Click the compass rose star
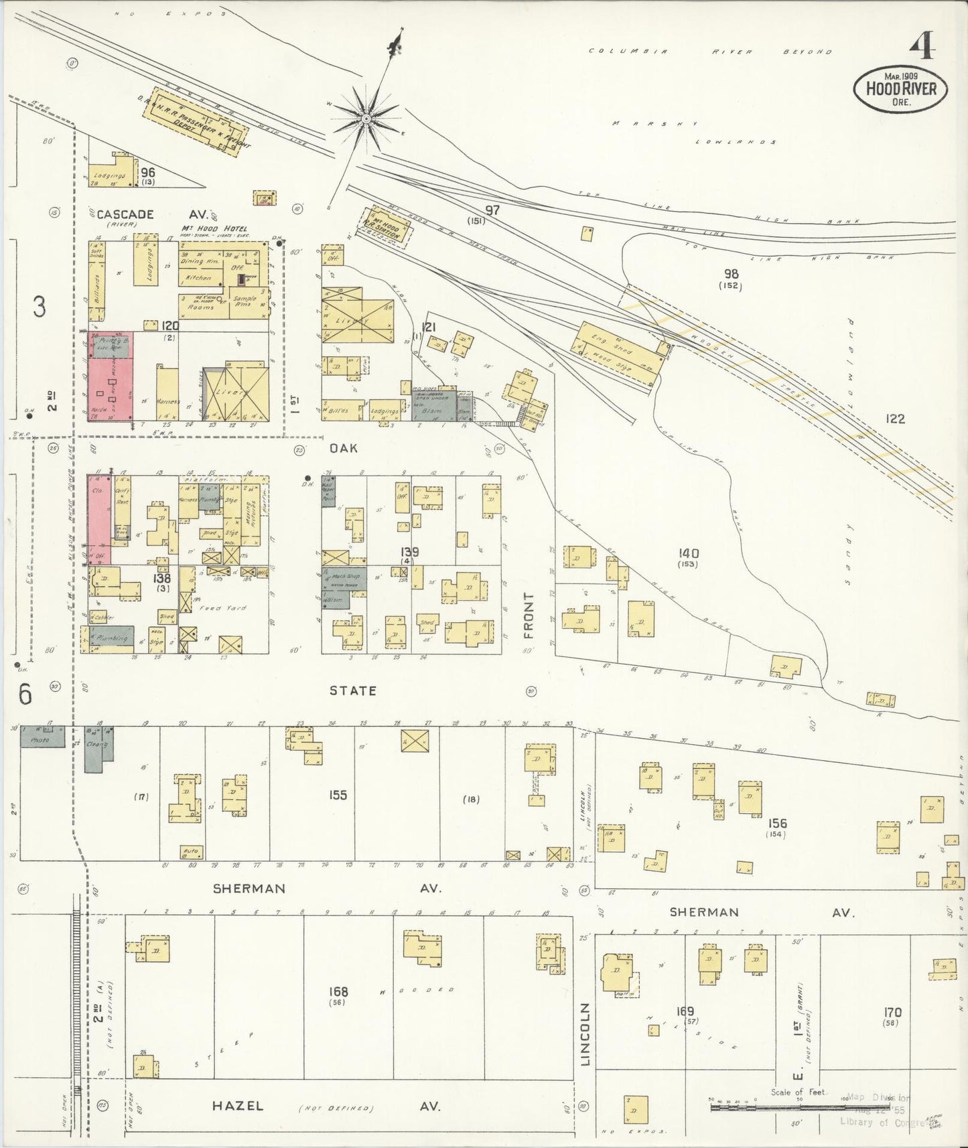tap(366, 119)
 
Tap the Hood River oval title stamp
tap(900, 88)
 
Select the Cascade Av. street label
tap(153, 214)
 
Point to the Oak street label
tap(344, 447)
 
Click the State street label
tap(352, 690)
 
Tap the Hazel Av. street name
tap(238, 1106)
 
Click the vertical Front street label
tap(529, 615)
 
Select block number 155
tap(338, 794)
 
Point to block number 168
tap(338, 991)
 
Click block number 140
tap(688, 553)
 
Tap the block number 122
tap(895, 419)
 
